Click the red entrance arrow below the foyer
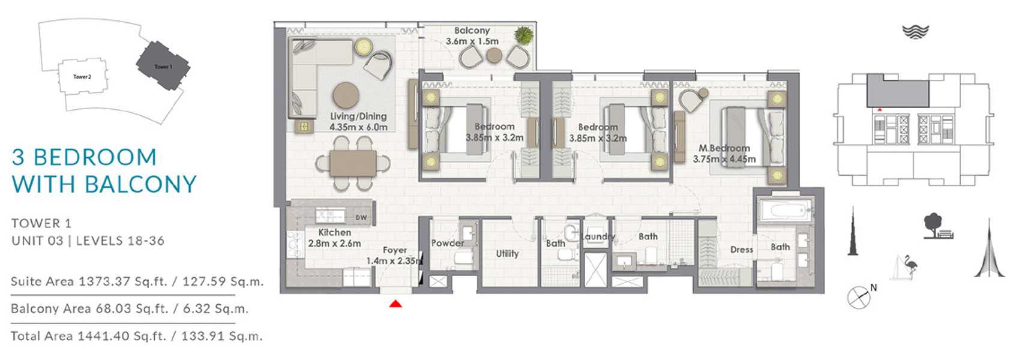(x=395, y=303)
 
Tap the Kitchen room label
(x=334, y=232)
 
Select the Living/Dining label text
(x=358, y=116)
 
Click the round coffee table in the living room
(x=346, y=95)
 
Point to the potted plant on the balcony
(x=523, y=35)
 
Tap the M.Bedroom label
(x=724, y=148)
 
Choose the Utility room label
(x=508, y=253)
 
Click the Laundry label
(x=598, y=236)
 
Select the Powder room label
(x=448, y=244)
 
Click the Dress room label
(x=741, y=250)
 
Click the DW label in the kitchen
(x=361, y=218)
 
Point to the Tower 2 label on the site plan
(x=82, y=77)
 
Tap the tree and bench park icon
(x=938, y=226)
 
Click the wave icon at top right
(x=915, y=32)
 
